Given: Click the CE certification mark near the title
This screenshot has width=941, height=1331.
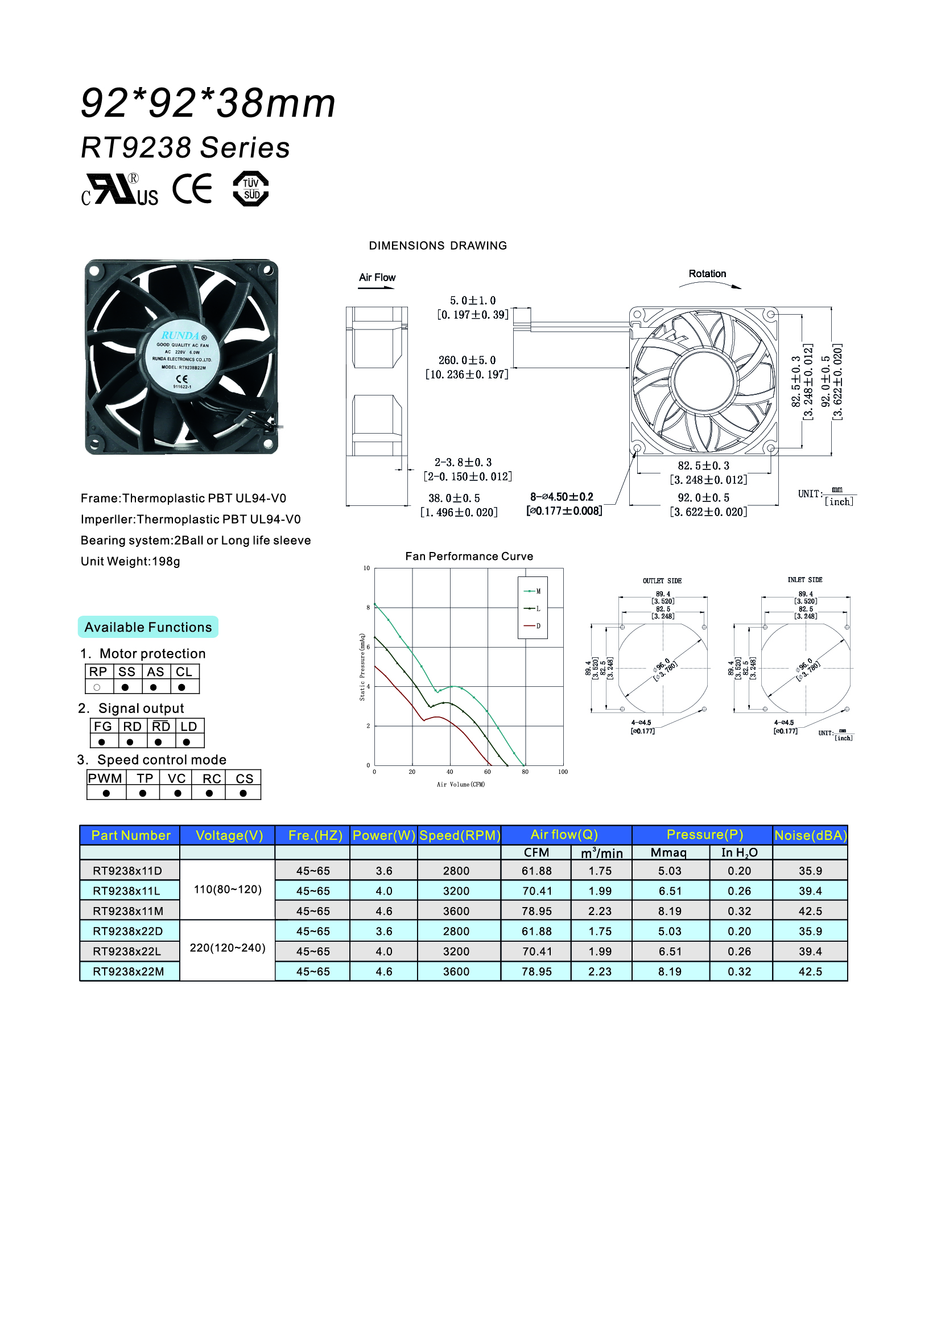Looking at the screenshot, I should (192, 188).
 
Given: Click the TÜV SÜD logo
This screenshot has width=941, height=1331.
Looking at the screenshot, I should (250, 188).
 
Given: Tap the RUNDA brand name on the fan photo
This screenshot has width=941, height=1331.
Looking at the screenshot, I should (180, 336).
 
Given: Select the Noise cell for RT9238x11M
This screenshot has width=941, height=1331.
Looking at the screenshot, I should (810, 910).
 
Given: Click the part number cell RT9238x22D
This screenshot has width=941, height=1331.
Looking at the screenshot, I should (128, 931).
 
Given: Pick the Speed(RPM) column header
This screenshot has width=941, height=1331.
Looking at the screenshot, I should (460, 835).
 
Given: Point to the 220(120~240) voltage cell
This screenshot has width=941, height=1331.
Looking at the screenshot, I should (228, 948).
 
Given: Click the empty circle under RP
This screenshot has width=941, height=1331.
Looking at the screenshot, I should (97, 687).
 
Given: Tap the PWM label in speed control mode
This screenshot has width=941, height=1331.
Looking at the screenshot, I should (105, 778).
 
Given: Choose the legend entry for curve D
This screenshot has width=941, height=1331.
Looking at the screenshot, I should (533, 626).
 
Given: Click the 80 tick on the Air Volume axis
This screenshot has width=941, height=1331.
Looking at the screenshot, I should (525, 772).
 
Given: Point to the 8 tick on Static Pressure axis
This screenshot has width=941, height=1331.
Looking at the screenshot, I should (368, 608).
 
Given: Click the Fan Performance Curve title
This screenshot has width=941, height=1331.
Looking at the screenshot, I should (469, 557).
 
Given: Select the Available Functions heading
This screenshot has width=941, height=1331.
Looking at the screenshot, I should (148, 627).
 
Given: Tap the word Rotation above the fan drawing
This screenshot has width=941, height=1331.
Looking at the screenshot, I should (707, 274).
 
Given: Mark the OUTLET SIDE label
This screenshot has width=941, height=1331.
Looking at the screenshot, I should (662, 581).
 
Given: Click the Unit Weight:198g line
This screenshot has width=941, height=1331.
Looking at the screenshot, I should (130, 561).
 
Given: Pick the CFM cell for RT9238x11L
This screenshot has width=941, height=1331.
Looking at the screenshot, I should (536, 891).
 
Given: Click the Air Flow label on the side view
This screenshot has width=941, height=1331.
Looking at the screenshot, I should (377, 278).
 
